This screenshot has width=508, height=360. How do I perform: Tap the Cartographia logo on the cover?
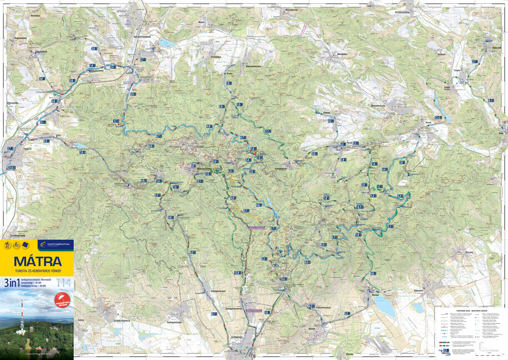pyautogui.click(x=55, y=245)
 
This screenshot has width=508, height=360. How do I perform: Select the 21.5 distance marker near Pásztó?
pyautogui.click(x=12, y=168)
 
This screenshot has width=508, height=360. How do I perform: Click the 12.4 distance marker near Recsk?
pyautogui.click(x=438, y=117)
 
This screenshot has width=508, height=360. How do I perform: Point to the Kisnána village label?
pyautogui.click(x=469, y=252)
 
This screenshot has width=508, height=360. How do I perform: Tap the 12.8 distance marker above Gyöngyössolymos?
pyautogui.click(x=237, y=273)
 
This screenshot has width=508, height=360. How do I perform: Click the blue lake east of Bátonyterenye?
pyautogui.click(x=168, y=43)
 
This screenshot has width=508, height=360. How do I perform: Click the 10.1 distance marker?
pyautogui.click(x=359, y=207)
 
